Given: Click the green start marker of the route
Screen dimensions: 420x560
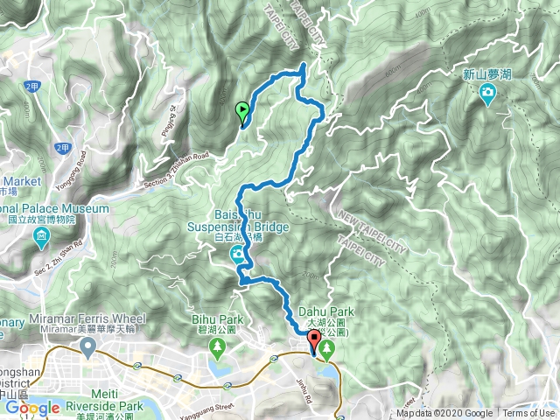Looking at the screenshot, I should click(x=242, y=110).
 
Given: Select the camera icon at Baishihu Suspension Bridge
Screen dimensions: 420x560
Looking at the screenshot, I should click(x=237, y=255).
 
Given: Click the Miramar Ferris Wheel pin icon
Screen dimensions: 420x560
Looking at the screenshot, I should click(x=87, y=349).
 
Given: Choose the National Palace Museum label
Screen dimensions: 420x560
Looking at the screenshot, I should click(x=52, y=209).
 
